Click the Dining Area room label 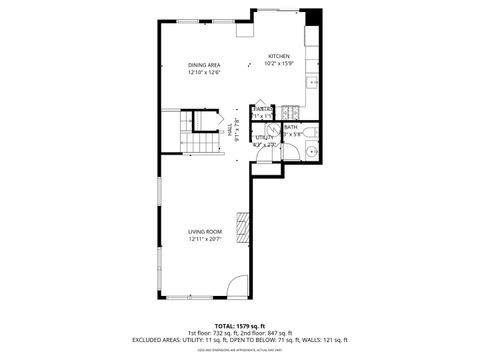tap(203, 65)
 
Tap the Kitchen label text tap(278, 56)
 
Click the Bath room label tap(290, 127)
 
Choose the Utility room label tap(264, 137)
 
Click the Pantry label tap(263, 108)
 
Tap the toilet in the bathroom tap(310, 131)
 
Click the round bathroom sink tap(311, 152)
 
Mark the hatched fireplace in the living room tap(240, 228)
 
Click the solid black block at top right tap(313, 18)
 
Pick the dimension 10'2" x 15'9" tap(278, 64)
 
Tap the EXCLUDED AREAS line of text tap(239, 341)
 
